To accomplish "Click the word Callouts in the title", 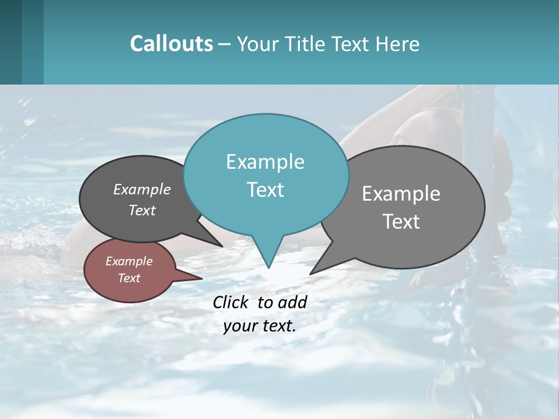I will click(171, 44).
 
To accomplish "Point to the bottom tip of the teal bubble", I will click(268, 267).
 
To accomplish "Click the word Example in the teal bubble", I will click(265, 162).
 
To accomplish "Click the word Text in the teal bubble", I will click(265, 190).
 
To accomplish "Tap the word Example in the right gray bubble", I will click(401, 194).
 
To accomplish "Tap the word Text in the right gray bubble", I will click(401, 222).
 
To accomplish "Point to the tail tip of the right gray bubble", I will click(311, 274).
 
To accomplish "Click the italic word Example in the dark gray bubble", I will click(142, 189).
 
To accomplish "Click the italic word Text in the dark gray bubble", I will click(142, 210).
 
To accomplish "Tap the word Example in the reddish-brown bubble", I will click(129, 261).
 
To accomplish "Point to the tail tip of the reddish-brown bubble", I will click(201, 278).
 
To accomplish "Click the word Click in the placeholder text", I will click(230, 302).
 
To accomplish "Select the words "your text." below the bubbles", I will click(260, 326).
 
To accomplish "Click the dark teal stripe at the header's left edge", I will click(10, 42).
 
